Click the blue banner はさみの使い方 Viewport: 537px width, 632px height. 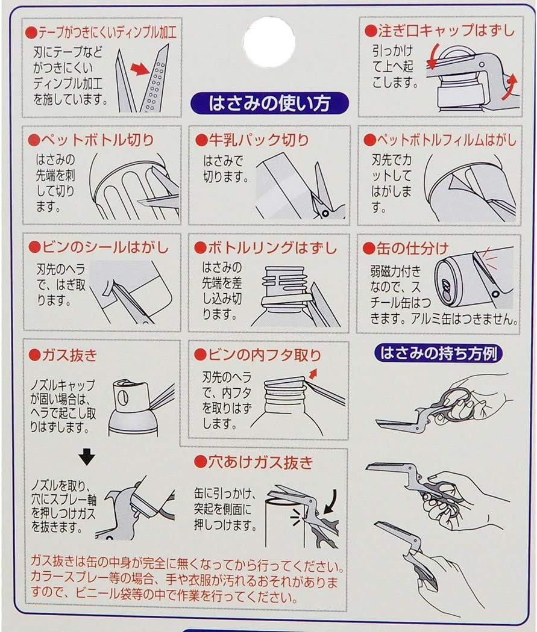pyautogui.click(x=269, y=103)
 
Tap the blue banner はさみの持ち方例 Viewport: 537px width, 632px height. pyautogui.click(x=438, y=353)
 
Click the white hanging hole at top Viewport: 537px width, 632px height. pyautogui.click(x=269, y=42)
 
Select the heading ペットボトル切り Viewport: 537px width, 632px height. pyautogui.click(x=91, y=140)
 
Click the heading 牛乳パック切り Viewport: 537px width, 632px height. pyautogui.click(x=252, y=140)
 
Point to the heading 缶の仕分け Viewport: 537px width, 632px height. pyautogui.click(x=406, y=248)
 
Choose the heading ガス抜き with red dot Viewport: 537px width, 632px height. pyautogui.click(x=63, y=355)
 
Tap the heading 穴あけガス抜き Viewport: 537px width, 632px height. pyautogui.click(x=253, y=462)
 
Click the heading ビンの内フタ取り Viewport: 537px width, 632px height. pyautogui.click(x=258, y=355)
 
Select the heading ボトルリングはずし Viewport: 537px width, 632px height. pyautogui.click(x=265, y=247)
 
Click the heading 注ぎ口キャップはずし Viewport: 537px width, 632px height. pyautogui.click(x=440, y=31)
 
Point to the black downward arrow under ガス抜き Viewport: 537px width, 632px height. pyautogui.click(x=87, y=457)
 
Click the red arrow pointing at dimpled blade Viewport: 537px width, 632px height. pyautogui.click(x=140, y=69)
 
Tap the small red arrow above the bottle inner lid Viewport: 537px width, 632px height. pyautogui.click(x=313, y=374)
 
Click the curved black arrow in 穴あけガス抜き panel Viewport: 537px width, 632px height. pyautogui.click(x=330, y=501)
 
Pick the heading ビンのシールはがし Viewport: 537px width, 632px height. pyautogui.click(x=98, y=247)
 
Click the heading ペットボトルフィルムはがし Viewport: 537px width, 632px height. pyautogui.click(x=440, y=140)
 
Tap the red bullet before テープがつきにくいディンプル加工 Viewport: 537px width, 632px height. pyautogui.click(x=31, y=33)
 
